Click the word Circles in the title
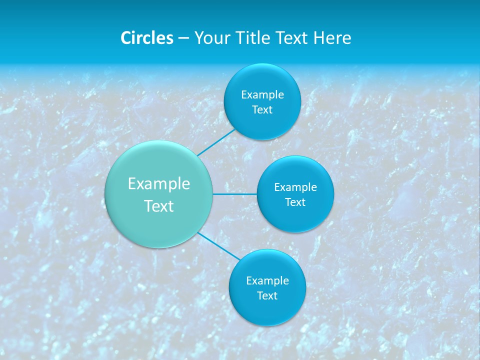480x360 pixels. pos(146,38)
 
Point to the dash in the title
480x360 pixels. pos(183,38)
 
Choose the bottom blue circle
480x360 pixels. pos(267,310)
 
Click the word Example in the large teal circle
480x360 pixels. pos(159,184)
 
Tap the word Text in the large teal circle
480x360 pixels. pos(159,206)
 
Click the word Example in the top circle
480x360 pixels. pos(262,95)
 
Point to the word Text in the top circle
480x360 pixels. pos(262,110)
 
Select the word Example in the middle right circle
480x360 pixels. pos(295,187)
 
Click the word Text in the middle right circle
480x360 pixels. pos(295,202)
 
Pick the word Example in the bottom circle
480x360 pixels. pos(267,281)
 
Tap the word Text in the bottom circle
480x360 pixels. pos(267,296)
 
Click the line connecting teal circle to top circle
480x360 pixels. pos(216,142)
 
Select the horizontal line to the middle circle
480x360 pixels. pos(234,194)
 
